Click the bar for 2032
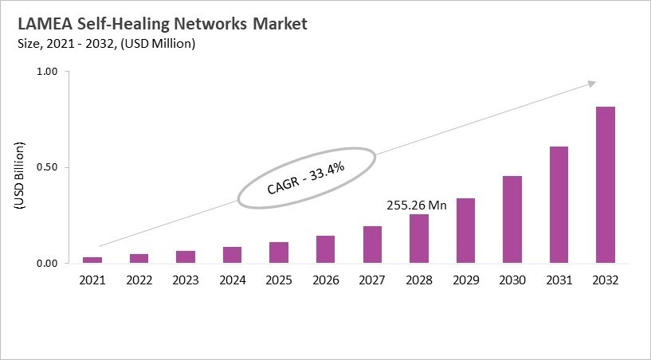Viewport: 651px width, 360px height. click(605, 185)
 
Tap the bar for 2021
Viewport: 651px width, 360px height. click(92, 260)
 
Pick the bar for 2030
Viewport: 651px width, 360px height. click(512, 220)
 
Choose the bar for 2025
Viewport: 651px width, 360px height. click(279, 252)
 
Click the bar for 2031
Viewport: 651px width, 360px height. click(558, 205)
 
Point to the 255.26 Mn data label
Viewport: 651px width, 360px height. click(417, 205)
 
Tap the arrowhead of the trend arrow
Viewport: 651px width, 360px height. click(592, 83)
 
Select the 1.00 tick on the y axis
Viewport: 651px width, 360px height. click(48, 72)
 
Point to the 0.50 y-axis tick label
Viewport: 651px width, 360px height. click(48, 167)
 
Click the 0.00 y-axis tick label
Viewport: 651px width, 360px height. click(48, 264)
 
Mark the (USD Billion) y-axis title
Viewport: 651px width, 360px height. click(19, 176)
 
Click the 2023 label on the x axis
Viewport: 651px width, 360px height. click(186, 280)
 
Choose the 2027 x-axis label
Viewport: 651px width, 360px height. click(372, 280)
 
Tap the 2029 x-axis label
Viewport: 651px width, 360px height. click(465, 280)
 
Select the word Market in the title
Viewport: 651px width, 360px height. click(280, 24)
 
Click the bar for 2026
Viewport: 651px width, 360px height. click(325, 249)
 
